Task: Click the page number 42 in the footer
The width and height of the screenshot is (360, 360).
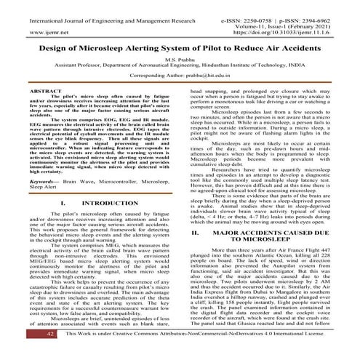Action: (x=31, y=353)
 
